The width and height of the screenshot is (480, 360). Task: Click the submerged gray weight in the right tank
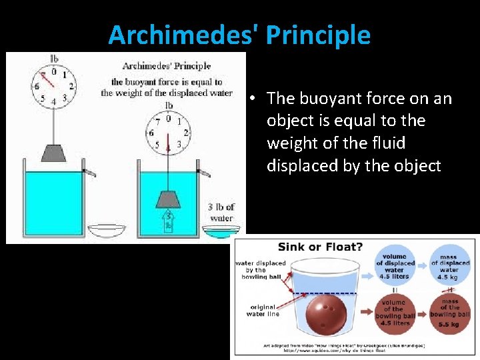(169, 199)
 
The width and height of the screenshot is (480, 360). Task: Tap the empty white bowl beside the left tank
(107, 231)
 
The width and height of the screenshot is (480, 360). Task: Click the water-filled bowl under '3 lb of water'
(221, 231)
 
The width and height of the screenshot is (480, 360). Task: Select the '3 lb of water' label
(221, 213)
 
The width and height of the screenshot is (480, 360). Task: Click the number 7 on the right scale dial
(157, 123)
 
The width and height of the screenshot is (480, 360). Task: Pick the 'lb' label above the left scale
(54, 59)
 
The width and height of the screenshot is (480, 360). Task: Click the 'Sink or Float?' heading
(321, 247)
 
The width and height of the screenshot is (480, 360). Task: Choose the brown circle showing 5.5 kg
(449, 313)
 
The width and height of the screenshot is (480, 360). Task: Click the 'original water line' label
(263, 311)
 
